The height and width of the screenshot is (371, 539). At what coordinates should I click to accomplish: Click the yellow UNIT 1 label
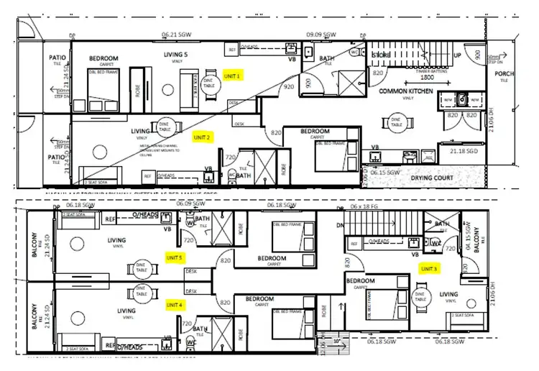234,74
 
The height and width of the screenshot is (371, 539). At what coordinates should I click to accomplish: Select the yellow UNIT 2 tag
203,136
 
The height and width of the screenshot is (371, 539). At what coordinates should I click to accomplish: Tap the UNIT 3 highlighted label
430,268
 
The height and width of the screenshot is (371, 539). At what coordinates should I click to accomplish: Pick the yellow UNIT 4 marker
175,304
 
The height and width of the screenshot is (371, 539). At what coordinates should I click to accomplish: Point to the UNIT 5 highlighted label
175,257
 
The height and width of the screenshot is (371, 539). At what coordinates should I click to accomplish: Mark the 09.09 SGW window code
321,35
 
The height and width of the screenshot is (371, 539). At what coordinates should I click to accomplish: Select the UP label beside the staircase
458,55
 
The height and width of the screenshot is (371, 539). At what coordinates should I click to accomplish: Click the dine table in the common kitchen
395,122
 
